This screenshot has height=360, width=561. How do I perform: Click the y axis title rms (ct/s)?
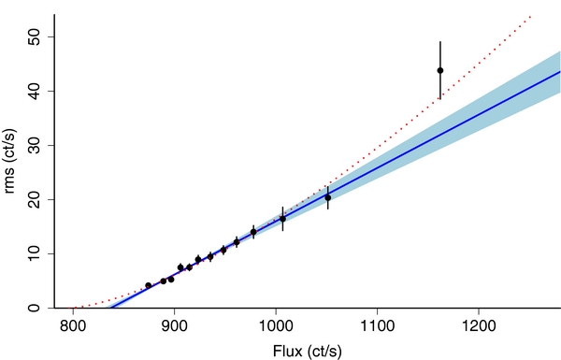11,161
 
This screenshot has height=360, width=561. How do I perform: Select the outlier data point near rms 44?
439,70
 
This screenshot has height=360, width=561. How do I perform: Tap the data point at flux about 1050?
327,197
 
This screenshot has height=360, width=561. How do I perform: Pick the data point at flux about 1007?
282,219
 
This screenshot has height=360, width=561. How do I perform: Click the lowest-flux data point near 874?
148,285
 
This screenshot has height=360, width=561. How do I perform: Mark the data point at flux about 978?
253,231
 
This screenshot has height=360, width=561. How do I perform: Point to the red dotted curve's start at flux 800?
74,308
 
